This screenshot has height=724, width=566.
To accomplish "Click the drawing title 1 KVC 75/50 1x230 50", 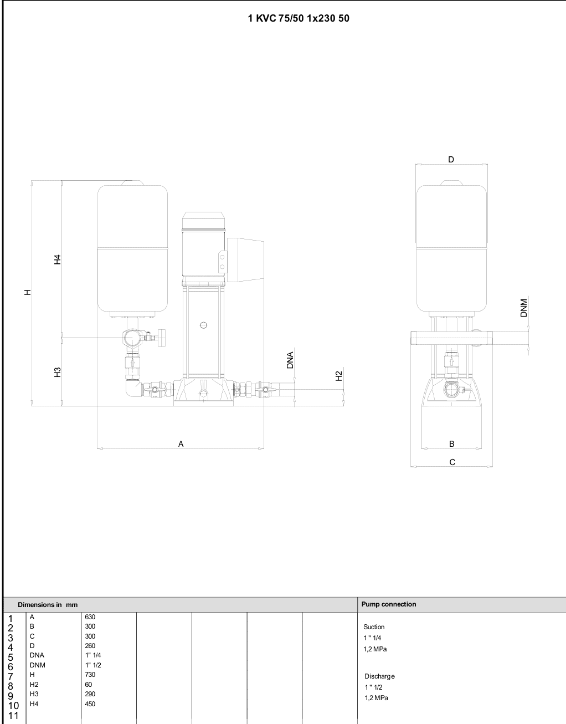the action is (x=299, y=18).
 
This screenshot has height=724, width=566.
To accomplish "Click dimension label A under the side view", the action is (x=181, y=444).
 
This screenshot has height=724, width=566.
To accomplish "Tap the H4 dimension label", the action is (x=58, y=259).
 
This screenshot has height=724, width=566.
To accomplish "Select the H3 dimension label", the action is (x=58, y=372).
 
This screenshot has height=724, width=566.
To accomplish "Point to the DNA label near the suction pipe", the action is (x=290, y=360).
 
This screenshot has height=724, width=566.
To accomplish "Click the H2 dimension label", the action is (x=339, y=376).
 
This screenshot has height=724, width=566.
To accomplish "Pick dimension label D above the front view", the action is (x=451, y=160).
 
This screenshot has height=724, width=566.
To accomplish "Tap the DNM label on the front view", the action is (x=524, y=308).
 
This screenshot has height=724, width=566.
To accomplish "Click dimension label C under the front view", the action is (x=452, y=462).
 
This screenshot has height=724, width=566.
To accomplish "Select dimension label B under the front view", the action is (x=451, y=444).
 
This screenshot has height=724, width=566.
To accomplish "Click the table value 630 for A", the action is (x=90, y=616).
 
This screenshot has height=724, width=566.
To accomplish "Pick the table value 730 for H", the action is (x=90, y=674).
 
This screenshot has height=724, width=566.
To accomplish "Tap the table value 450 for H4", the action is (x=90, y=703).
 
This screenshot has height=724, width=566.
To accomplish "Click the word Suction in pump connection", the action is (x=374, y=627).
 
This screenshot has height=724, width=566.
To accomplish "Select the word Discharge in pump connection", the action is (x=380, y=676).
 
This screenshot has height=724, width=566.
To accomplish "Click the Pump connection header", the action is (x=389, y=604).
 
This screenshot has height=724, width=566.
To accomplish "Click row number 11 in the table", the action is (x=13, y=715).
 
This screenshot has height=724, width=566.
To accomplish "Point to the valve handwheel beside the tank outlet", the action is (x=162, y=338).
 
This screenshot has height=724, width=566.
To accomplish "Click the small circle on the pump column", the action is (x=204, y=325).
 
